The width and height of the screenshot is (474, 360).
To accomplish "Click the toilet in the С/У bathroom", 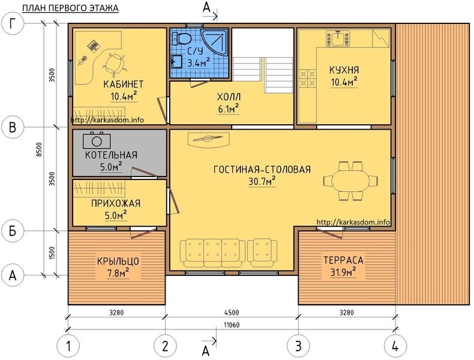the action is coord(182,38).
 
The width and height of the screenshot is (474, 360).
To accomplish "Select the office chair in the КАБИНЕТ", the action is coord(114,64).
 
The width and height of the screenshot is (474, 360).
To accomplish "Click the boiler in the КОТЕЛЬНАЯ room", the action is coord(97,140).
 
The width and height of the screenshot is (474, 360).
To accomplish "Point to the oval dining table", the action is coord(350,181).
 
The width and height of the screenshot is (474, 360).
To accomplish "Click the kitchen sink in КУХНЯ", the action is coord(338,38).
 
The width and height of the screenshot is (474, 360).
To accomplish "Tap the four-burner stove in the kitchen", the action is coord(307,78).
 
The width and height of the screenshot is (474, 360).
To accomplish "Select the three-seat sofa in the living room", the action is coord(212,253).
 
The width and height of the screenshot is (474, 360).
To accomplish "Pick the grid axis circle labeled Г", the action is coord(13,24).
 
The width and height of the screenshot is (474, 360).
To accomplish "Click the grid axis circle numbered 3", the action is coord(298,346).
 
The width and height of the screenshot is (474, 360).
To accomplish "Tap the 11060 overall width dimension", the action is coord(232,325).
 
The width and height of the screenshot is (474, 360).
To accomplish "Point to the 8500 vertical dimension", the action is coord(39,149).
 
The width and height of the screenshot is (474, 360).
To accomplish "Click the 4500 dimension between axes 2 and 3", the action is coord(232,313).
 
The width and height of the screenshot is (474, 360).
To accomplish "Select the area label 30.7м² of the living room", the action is coord(262,181).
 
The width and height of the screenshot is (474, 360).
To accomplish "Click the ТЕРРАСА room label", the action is coord(343,260).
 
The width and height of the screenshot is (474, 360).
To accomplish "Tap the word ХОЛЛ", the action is coord(229,97).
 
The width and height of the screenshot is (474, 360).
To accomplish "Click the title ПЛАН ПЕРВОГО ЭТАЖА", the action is coord(70,8).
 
